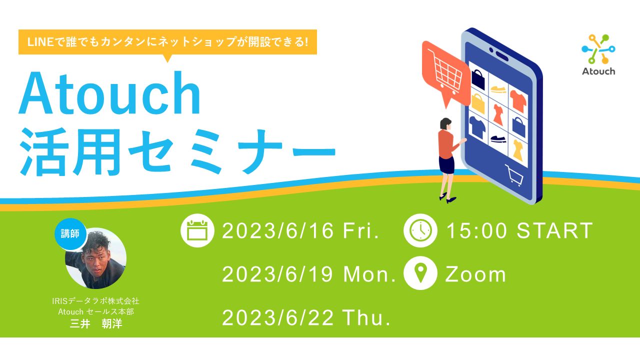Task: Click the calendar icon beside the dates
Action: coord(197,230)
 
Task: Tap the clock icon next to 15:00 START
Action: coord(420,230)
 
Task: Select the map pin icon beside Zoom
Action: coord(420,273)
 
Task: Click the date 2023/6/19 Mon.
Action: coord(309,274)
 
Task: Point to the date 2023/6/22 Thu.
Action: coord(306,318)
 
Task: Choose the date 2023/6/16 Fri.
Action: coord(300,231)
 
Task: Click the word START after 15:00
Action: coord(555,231)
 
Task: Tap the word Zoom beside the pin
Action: coord(475,274)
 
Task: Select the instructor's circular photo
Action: coord(96,259)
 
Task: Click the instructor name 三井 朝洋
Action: coord(96,324)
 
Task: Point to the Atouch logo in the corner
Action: coord(598,55)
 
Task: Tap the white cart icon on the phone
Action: coord(514,175)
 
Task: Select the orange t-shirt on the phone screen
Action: coord(518,100)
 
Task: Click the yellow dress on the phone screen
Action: coord(517,149)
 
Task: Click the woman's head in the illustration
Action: coord(445,123)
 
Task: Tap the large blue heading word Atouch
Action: coord(110,93)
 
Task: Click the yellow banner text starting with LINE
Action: coord(167,42)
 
